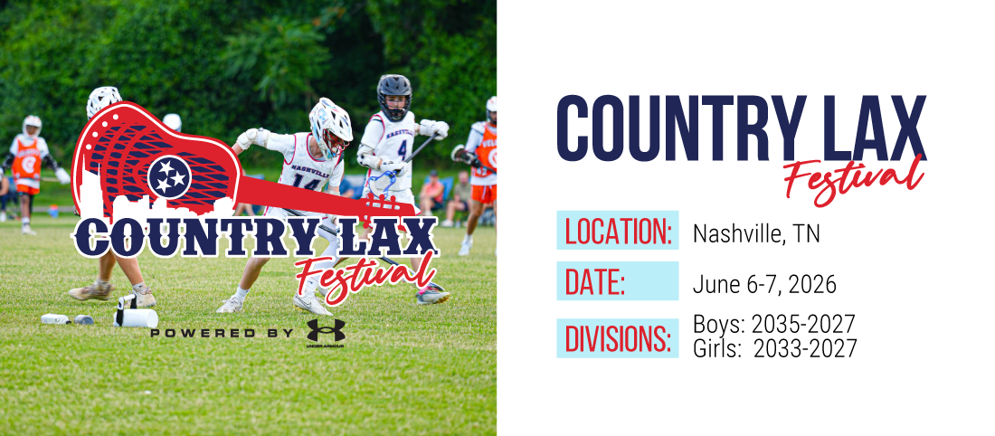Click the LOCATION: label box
618,230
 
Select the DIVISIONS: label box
618,338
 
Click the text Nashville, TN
756,234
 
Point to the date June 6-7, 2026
764,285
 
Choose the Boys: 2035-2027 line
774,325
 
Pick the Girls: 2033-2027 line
775,347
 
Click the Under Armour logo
326,333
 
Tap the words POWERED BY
222,333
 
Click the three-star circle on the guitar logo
169,175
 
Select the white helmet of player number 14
330,126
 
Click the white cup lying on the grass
136,318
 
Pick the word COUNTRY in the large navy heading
681,128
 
